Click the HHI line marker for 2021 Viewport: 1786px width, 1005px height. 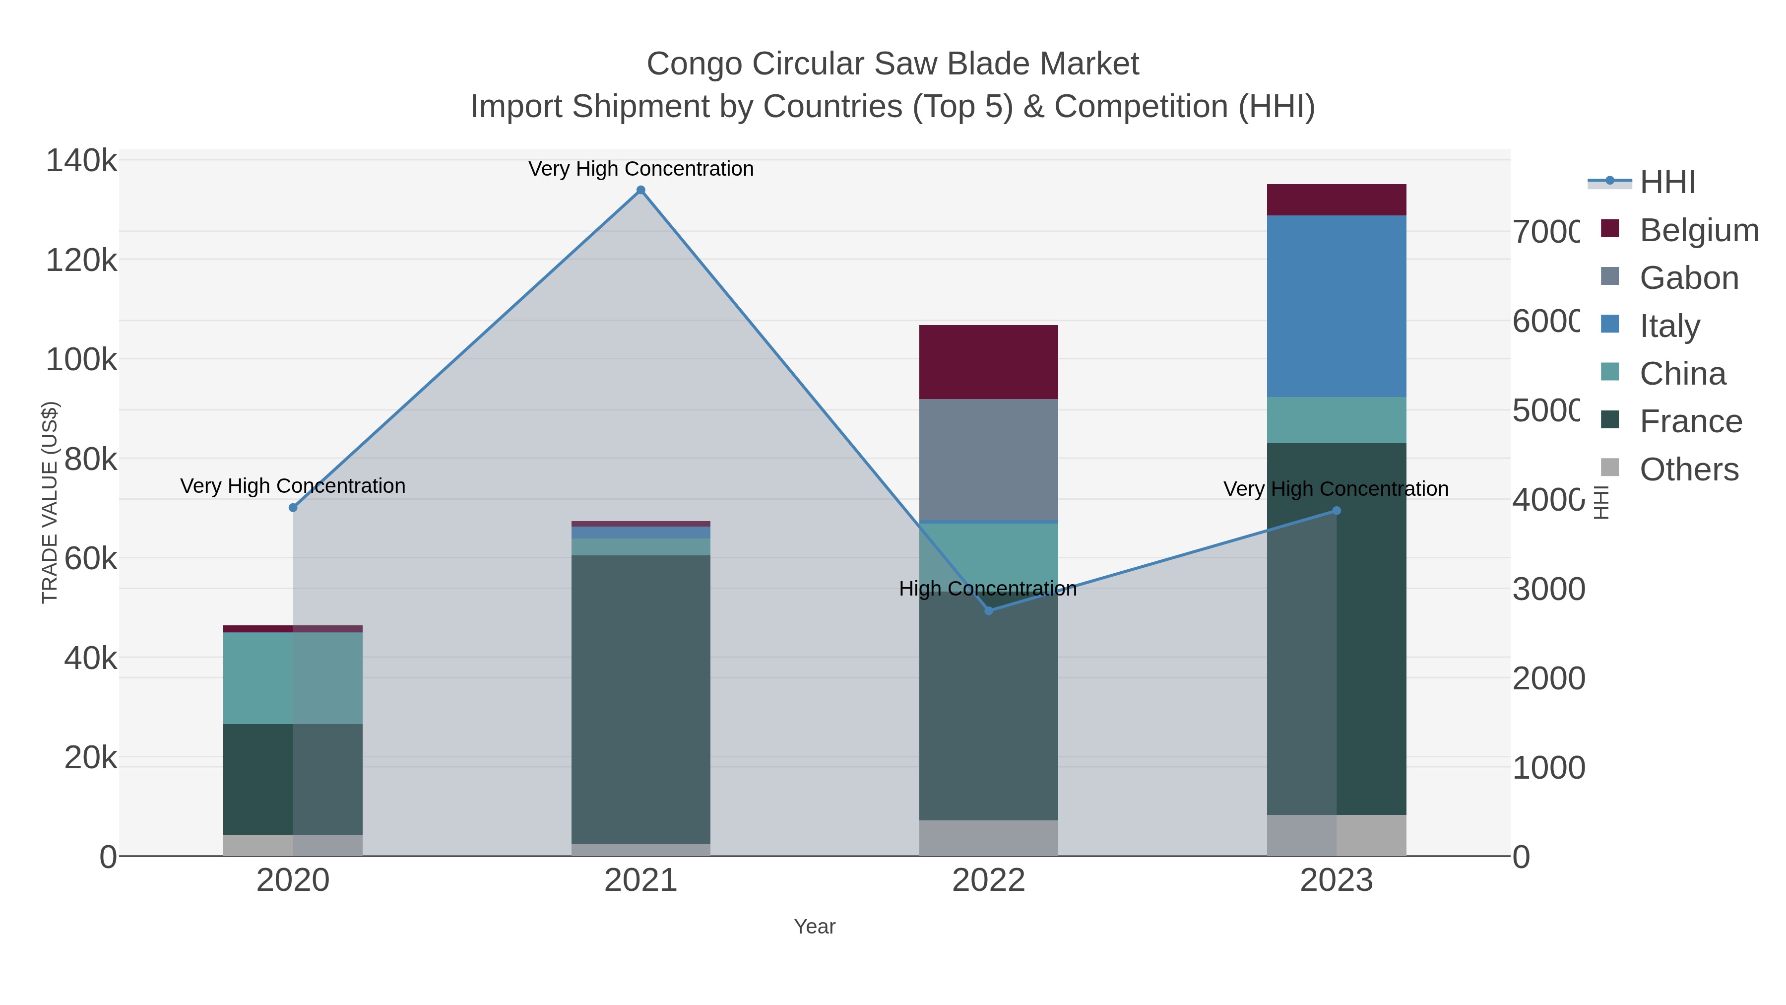(x=640, y=190)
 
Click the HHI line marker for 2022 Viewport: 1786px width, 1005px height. (x=989, y=610)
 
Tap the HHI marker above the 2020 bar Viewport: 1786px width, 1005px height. (x=293, y=508)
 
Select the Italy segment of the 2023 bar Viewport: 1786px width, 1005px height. (x=1336, y=306)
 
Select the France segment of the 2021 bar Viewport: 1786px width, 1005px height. (x=640, y=699)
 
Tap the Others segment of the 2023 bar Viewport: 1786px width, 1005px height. (x=1336, y=835)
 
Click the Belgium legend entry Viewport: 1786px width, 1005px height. (x=1699, y=230)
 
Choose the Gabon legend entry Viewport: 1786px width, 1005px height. (x=1689, y=278)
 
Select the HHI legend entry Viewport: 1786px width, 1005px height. (x=1667, y=183)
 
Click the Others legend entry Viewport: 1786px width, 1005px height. (x=1689, y=469)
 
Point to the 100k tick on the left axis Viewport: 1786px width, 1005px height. (x=82, y=360)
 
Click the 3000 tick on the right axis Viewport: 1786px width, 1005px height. (x=1548, y=590)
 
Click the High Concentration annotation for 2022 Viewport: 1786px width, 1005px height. (x=987, y=589)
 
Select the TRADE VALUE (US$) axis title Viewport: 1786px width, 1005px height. (x=50, y=502)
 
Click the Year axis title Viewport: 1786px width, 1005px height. (x=815, y=927)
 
